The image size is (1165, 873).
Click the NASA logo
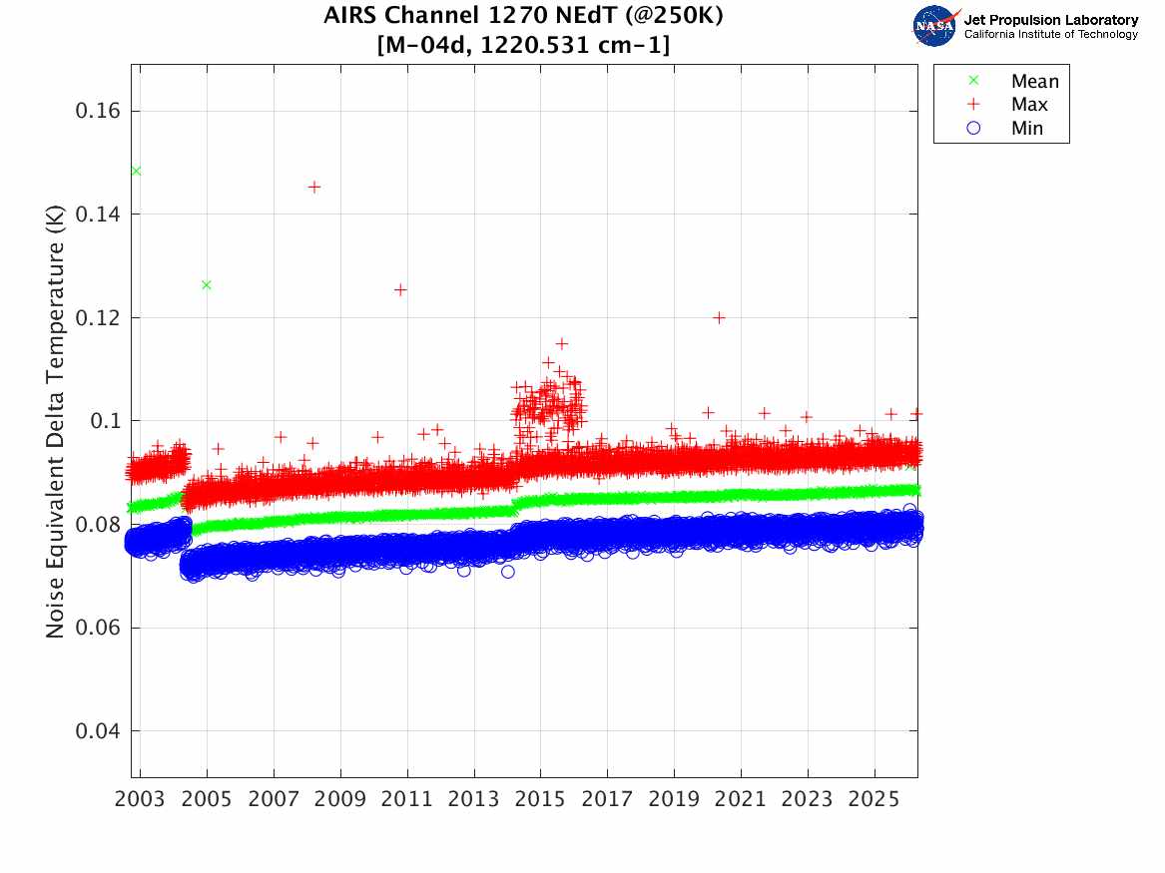coord(935,26)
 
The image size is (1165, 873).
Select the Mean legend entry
coord(1034,82)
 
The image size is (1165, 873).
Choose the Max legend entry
coord(1029,105)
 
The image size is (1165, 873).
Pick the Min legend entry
coord(1027,128)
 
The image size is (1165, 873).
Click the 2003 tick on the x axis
coord(141,800)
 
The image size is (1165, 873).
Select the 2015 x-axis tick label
coord(540,800)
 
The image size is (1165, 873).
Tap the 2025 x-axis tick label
coord(874,800)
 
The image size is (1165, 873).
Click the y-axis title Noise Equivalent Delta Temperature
coord(58,421)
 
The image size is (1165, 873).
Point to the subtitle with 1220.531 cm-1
coord(523,45)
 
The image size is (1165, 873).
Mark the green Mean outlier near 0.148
coord(136,171)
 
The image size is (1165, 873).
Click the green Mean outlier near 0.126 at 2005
coord(207,284)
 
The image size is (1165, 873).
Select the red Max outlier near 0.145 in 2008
coord(313,187)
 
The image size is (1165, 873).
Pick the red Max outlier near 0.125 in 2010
coord(400,289)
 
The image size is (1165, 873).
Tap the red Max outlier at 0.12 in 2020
coord(719,317)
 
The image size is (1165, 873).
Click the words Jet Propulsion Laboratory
coord(1050,20)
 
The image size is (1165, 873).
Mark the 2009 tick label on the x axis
coord(340,800)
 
